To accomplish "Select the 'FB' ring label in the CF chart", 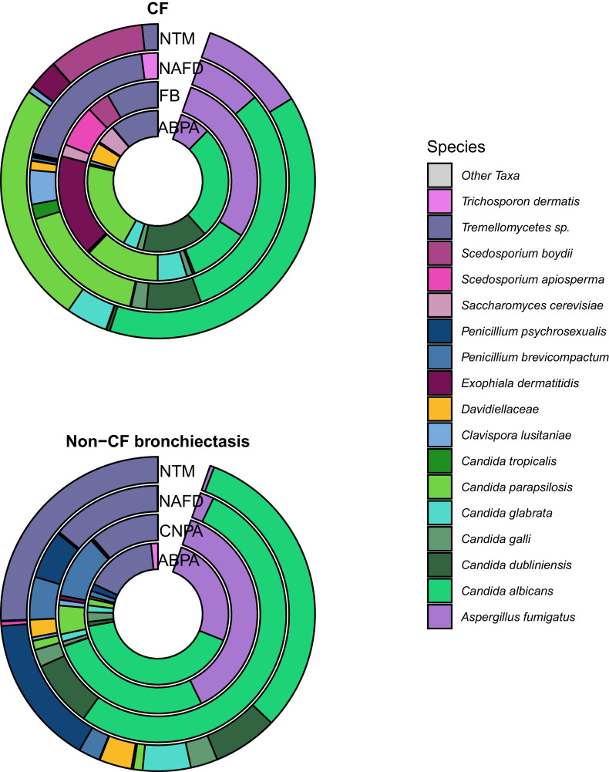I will pyautogui.click(x=169, y=97).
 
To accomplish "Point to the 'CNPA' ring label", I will pyautogui.click(x=176, y=530).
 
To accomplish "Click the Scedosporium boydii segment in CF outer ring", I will pyautogui.click(x=100, y=50).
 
